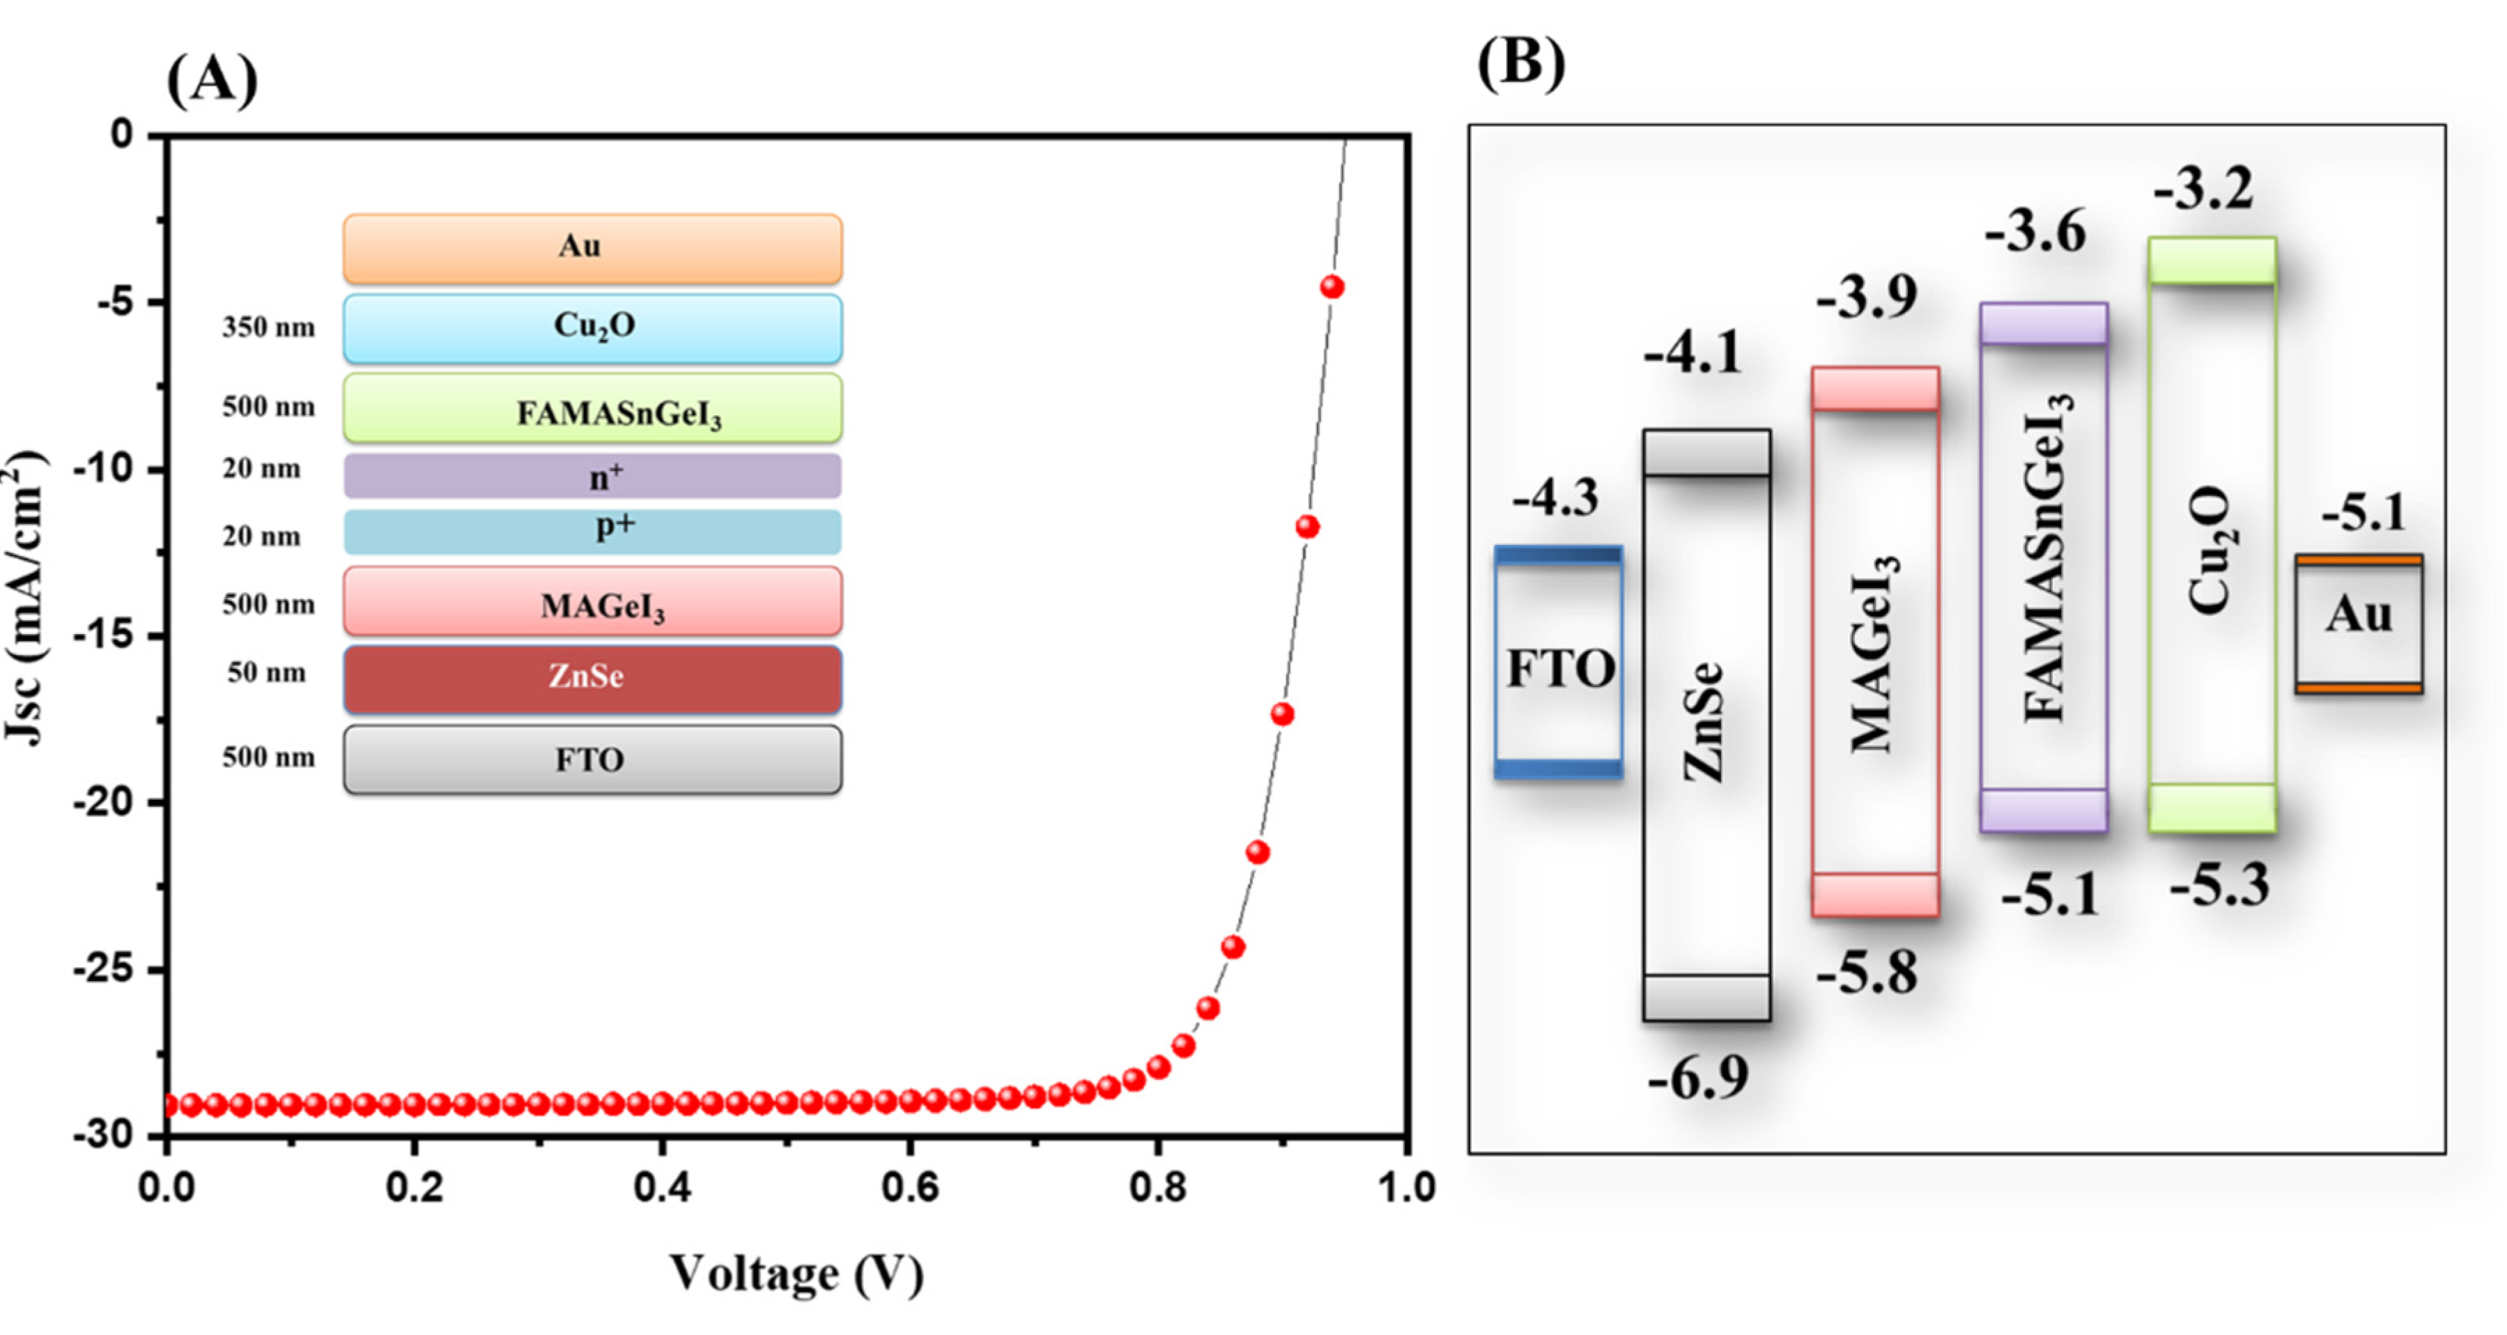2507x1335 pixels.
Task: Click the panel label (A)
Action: [x=212, y=80]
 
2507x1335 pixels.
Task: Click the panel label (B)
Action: [x=1521, y=64]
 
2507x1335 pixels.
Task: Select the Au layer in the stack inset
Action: [x=592, y=248]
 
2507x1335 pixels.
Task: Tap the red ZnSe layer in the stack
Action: [x=592, y=678]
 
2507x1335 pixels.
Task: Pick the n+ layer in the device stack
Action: [x=592, y=476]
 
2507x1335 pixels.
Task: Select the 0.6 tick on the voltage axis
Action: [x=910, y=1187]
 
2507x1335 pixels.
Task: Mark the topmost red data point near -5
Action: [x=1332, y=287]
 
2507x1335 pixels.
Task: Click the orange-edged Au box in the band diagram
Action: [x=2358, y=624]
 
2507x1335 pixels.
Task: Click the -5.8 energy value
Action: [x=1867, y=972]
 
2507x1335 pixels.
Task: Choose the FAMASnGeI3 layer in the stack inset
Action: [x=592, y=410]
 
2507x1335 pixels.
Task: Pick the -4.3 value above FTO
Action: [x=1555, y=499]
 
